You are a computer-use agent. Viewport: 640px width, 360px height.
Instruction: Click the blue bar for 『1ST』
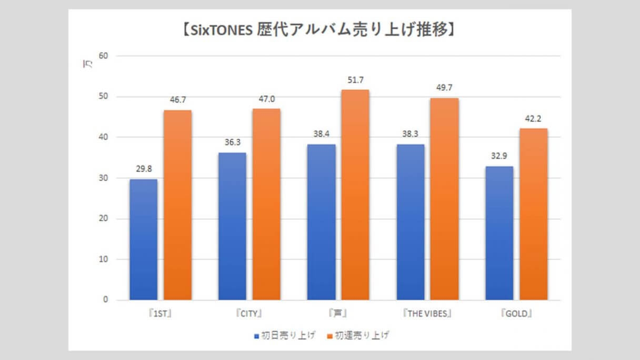(143, 239)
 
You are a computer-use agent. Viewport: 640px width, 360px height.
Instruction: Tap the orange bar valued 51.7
(355, 195)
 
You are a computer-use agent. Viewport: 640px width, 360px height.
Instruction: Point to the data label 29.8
(143, 169)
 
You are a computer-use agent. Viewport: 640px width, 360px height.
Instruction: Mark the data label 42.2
(534, 118)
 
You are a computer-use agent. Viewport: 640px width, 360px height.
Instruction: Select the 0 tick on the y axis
(104, 300)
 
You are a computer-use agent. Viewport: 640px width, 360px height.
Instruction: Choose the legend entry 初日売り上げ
(285, 335)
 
